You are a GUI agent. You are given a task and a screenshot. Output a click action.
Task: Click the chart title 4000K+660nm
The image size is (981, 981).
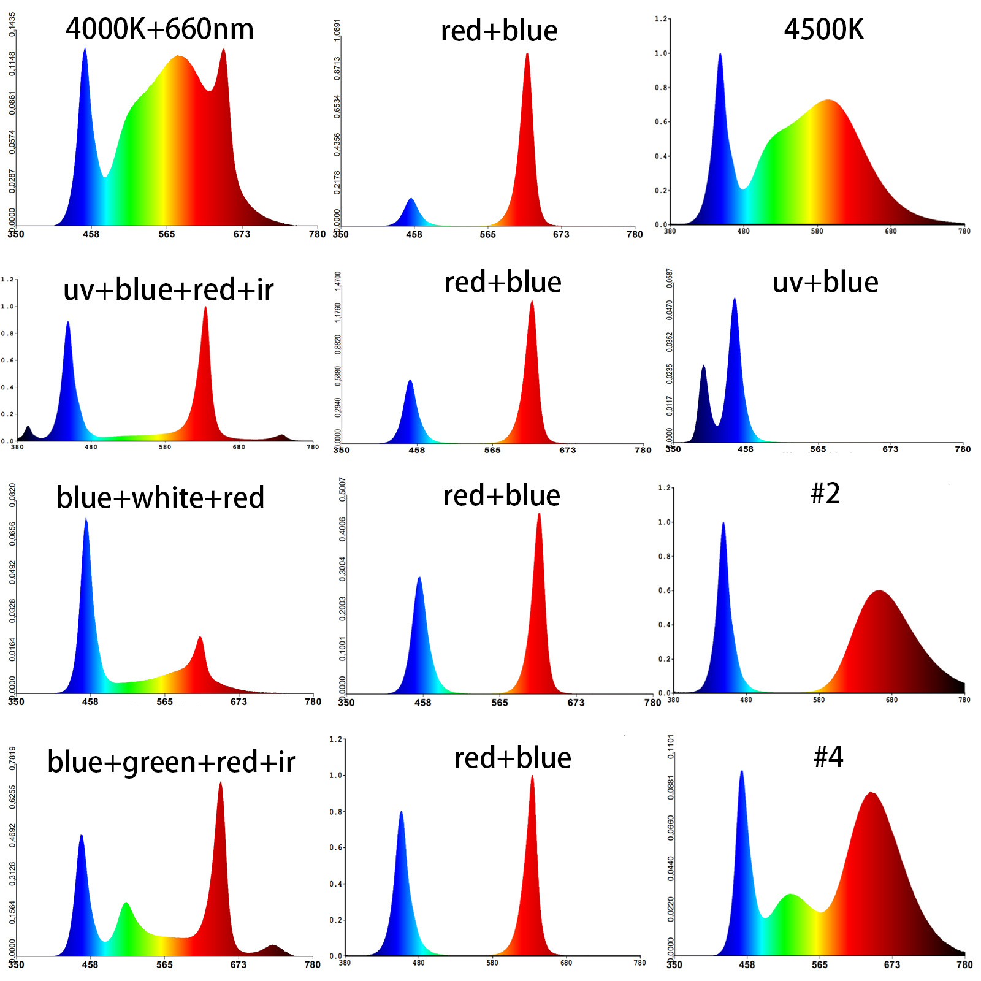(159, 29)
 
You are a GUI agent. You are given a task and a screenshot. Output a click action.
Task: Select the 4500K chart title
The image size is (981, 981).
(823, 29)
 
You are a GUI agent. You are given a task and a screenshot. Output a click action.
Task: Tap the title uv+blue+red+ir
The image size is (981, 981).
(168, 289)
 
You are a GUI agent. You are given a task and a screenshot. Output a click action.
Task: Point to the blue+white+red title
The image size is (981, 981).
(160, 497)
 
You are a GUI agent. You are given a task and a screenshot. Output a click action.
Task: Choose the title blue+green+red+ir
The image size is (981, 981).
(171, 762)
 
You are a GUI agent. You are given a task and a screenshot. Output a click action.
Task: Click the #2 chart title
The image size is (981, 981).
(825, 494)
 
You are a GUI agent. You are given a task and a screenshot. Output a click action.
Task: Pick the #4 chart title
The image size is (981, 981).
(828, 757)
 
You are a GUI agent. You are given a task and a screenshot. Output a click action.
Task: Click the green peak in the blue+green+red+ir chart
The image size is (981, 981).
(126, 904)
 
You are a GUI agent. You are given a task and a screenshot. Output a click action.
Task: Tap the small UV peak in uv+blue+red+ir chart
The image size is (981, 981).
(28, 427)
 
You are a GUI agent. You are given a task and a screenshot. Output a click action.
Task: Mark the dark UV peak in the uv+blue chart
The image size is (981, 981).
(703, 367)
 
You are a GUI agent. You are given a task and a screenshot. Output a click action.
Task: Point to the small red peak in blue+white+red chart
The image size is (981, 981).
(200, 638)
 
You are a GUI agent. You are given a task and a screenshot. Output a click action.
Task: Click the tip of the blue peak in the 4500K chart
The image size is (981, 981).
(720, 55)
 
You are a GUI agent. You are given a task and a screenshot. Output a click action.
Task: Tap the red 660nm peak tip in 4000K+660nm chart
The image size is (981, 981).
(224, 50)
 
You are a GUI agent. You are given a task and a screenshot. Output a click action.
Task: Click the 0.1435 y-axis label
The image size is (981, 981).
(12, 25)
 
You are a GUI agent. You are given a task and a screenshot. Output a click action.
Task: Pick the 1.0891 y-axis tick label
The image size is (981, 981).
(337, 29)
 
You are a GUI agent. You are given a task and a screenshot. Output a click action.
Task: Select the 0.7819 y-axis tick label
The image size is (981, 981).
(12, 758)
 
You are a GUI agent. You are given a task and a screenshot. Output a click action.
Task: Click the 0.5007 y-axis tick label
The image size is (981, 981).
(342, 489)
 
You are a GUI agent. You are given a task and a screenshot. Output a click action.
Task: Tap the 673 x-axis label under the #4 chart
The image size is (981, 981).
(891, 964)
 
